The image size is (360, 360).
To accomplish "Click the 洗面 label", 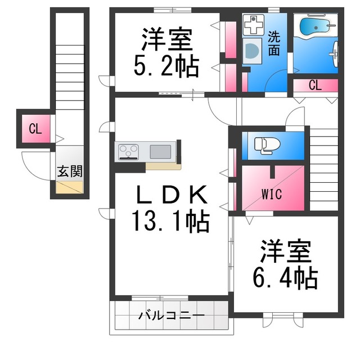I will click(274, 44).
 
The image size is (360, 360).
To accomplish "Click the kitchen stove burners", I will click(128, 151).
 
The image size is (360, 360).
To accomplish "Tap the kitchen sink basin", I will click(161, 151).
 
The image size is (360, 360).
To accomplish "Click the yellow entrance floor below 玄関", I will click(69, 188).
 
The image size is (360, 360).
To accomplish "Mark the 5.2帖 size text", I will click(166, 67).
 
